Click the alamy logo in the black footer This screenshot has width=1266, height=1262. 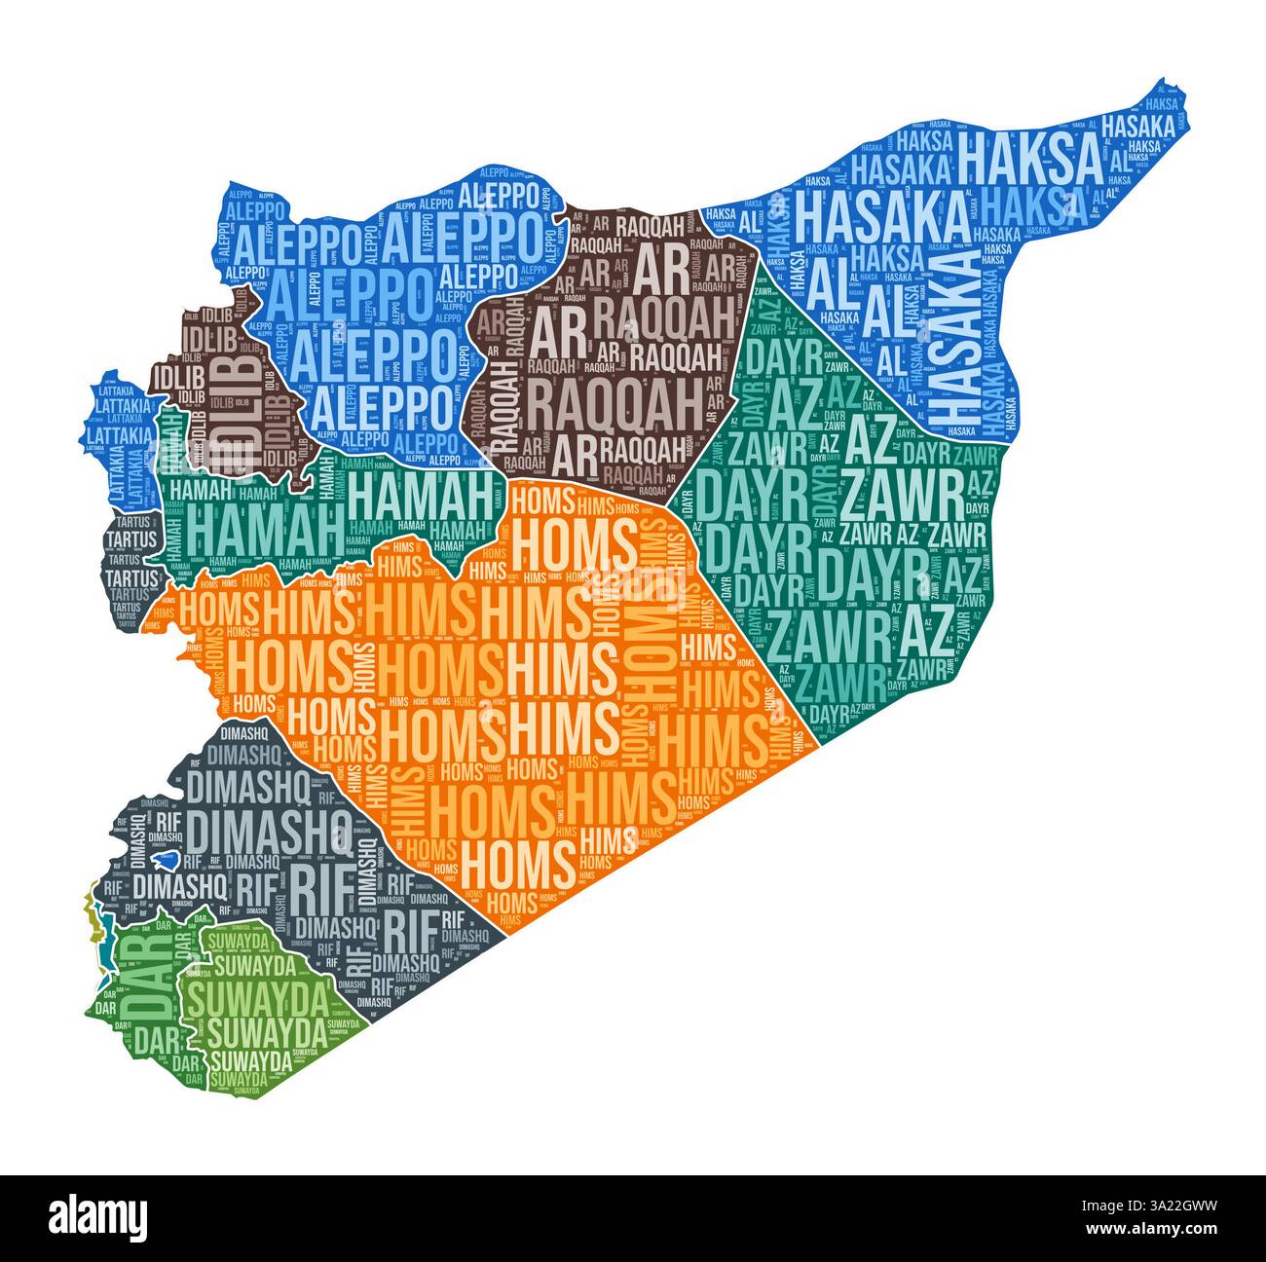point(98,1217)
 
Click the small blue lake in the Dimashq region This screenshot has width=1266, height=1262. point(168,861)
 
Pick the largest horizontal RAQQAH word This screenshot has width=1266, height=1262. point(614,402)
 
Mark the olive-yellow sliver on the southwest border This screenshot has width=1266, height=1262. point(93,911)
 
